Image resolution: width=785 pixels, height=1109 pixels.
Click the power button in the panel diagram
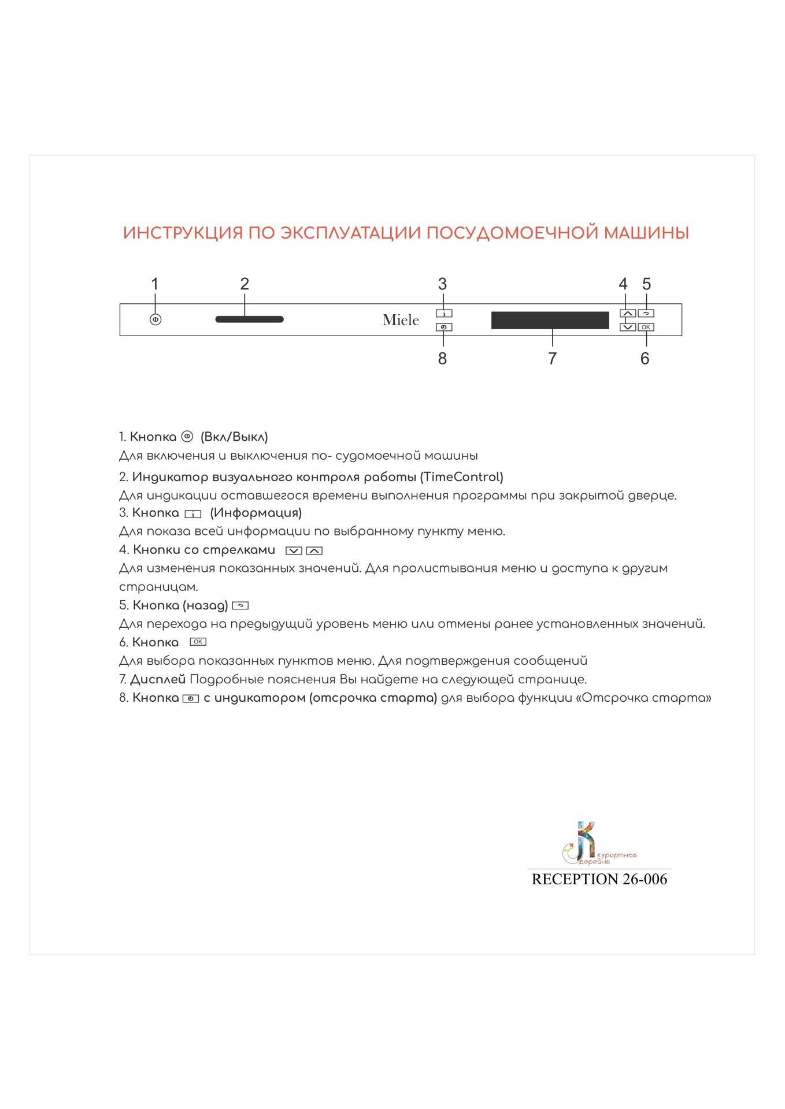click(155, 319)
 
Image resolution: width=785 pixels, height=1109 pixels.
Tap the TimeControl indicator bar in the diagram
click(249, 319)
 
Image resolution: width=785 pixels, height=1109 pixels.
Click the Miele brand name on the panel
click(401, 320)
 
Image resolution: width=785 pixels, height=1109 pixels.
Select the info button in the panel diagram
click(444, 314)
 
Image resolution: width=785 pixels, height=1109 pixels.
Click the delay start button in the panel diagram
click(444, 328)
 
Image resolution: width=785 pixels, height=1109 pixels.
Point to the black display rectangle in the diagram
click(550, 320)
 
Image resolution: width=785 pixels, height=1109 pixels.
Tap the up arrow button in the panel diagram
click(627, 314)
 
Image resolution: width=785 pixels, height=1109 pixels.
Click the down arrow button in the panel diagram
click(627, 328)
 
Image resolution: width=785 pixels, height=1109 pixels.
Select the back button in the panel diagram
click(646, 314)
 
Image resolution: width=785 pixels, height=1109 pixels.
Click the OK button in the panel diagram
click(646, 328)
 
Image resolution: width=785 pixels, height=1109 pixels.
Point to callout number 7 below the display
click(552, 359)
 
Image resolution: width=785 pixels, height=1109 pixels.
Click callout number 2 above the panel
click(245, 284)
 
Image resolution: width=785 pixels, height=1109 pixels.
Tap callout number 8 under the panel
click(442, 359)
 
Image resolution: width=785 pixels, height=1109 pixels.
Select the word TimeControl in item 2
click(461, 477)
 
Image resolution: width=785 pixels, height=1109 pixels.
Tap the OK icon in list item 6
click(198, 642)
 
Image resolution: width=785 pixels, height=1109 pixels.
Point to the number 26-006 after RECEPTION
click(645, 879)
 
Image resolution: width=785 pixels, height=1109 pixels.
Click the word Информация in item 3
click(256, 513)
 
